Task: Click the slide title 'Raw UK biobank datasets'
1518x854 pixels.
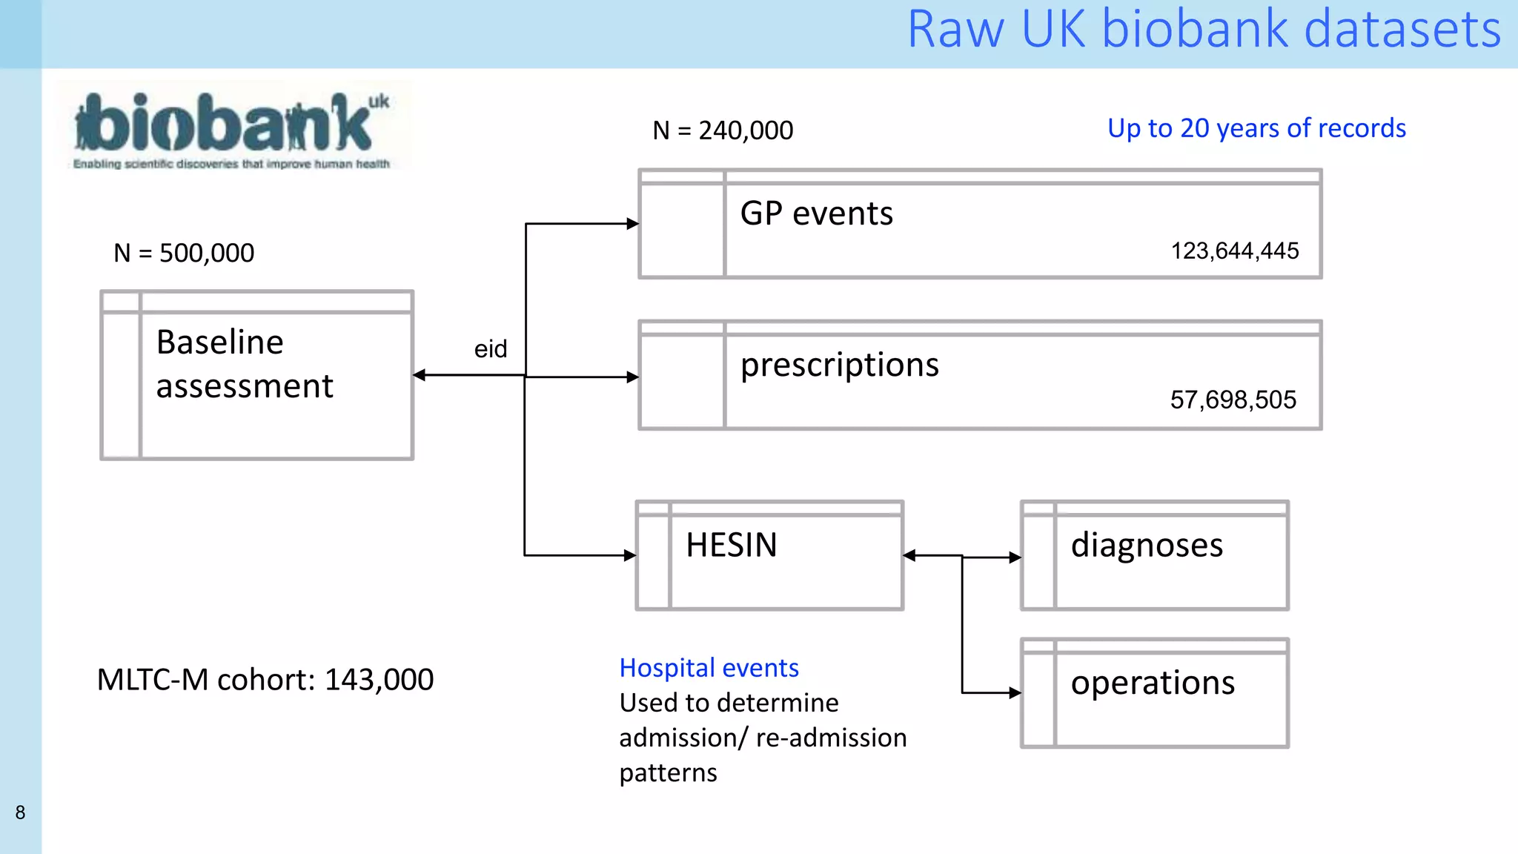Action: [1204, 30]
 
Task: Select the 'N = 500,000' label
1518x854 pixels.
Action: [184, 254]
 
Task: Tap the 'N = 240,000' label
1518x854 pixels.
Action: [723, 130]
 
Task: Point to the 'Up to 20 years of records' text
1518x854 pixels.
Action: [1256, 128]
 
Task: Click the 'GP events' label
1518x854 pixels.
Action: [816, 214]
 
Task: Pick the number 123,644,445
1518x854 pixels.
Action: [1234, 251]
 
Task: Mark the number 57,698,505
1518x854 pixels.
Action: [1233, 400]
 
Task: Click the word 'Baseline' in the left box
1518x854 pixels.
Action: [219, 342]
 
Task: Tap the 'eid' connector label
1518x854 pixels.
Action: [491, 349]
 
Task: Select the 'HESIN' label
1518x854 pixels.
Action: [731, 546]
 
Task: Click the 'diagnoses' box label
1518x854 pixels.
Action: [1147, 546]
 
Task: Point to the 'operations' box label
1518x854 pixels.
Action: [1153, 683]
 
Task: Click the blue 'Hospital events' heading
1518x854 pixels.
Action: [709, 668]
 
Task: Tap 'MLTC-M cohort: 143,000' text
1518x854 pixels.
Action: [265, 680]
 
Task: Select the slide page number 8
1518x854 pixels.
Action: [21, 812]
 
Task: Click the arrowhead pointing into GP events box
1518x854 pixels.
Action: [632, 224]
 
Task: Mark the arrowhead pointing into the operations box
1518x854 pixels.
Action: [1015, 693]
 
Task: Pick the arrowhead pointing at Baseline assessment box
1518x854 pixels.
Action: [420, 375]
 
